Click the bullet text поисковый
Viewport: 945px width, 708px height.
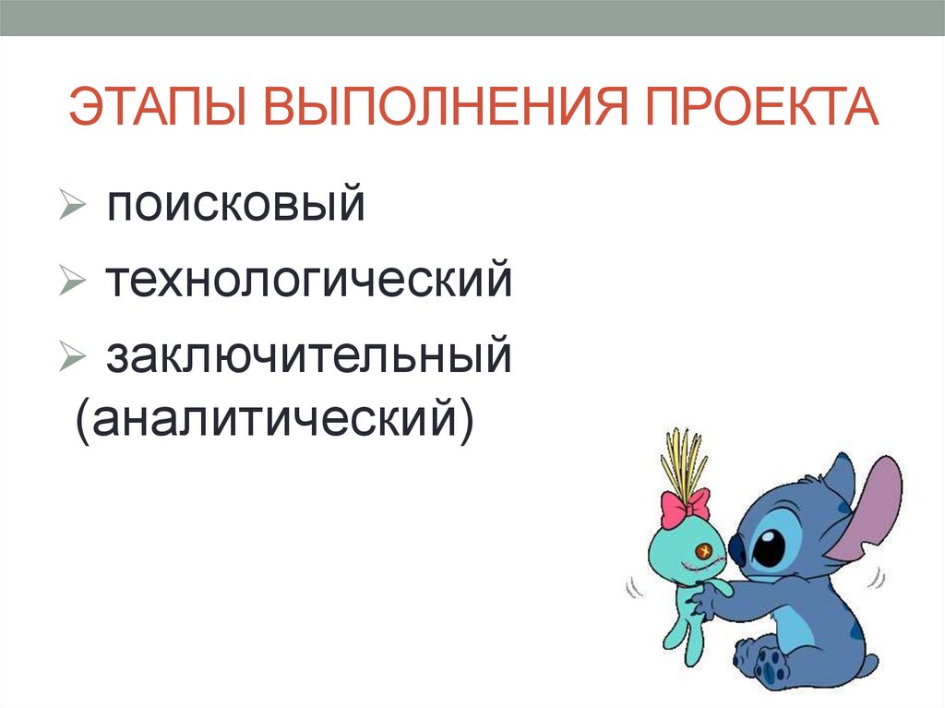(234, 205)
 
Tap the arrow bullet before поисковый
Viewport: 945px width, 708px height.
(71, 203)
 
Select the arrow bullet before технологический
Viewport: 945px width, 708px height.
(71, 279)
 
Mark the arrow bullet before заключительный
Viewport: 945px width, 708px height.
(71, 355)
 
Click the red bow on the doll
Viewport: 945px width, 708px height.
(685, 505)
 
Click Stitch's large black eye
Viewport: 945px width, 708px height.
(768, 548)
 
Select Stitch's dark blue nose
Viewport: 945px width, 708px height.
(737, 550)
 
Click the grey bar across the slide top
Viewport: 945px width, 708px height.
(472, 18)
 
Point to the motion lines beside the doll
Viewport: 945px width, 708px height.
(636, 587)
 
